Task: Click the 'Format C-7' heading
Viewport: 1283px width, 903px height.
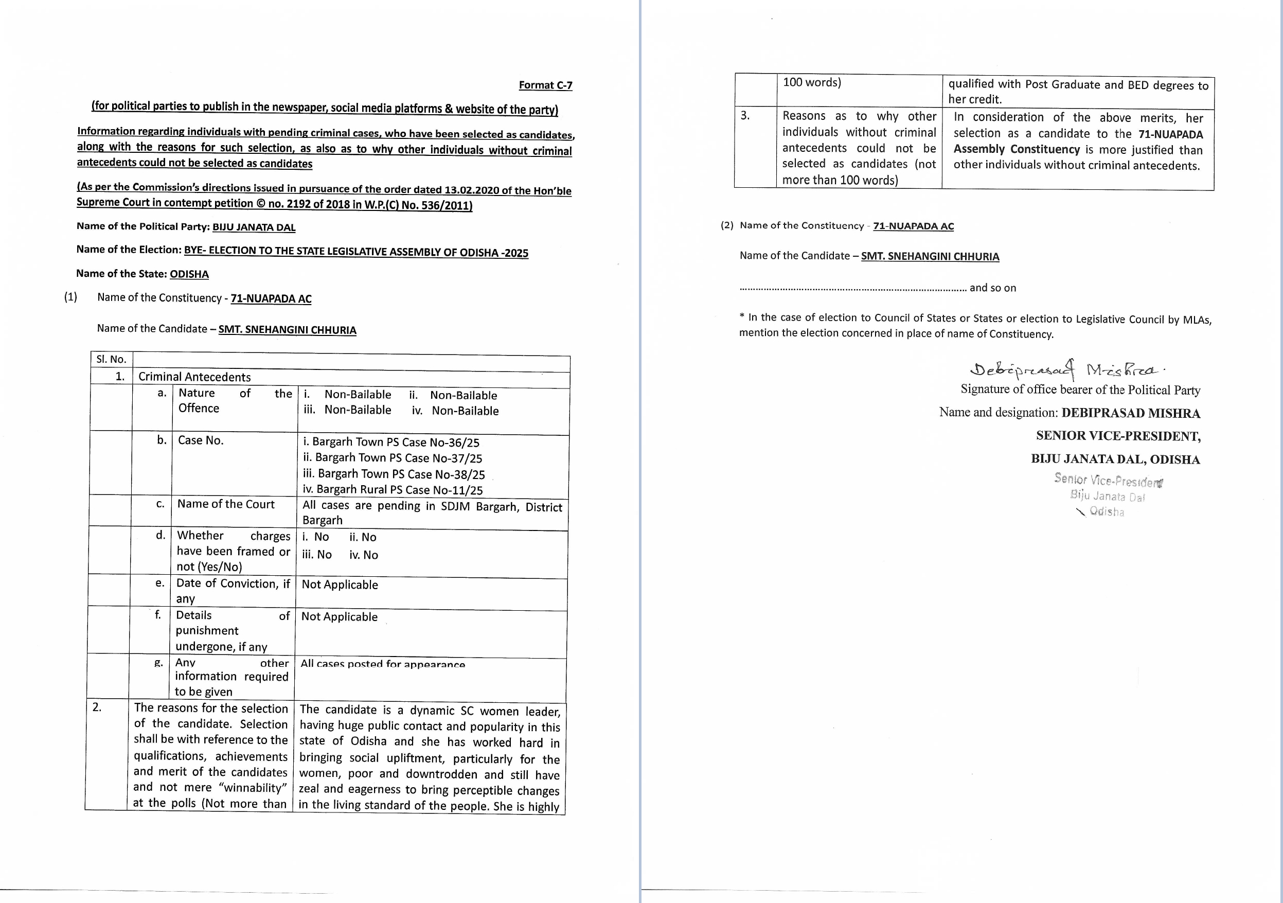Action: [x=545, y=85]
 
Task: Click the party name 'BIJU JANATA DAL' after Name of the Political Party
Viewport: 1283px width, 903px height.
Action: [x=254, y=227]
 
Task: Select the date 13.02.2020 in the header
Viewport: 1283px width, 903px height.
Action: [x=472, y=190]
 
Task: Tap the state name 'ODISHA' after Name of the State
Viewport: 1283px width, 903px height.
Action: [x=189, y=274]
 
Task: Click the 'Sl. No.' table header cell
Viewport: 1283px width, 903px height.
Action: [x=111, y=359]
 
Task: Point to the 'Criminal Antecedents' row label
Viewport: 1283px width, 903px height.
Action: [x=194, y=377]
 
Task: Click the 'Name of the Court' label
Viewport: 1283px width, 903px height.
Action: [x=226, y=504]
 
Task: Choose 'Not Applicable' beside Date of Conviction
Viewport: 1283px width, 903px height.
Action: [x=340, y=585]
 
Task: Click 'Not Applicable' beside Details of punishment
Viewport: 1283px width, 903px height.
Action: [x=339, y=617]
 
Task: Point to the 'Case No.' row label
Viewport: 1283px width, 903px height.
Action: [x=201, y=440]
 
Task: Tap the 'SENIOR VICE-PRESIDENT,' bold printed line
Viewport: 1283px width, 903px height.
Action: [x=1118, y=436]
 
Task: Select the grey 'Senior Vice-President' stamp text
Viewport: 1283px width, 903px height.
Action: [x=1108, y=480]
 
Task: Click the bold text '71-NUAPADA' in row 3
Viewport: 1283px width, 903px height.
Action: [x=1171, y=134]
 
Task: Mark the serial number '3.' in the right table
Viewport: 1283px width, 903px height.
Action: [x=745, y=116]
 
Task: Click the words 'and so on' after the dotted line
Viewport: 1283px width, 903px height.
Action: [x=992, y=288]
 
